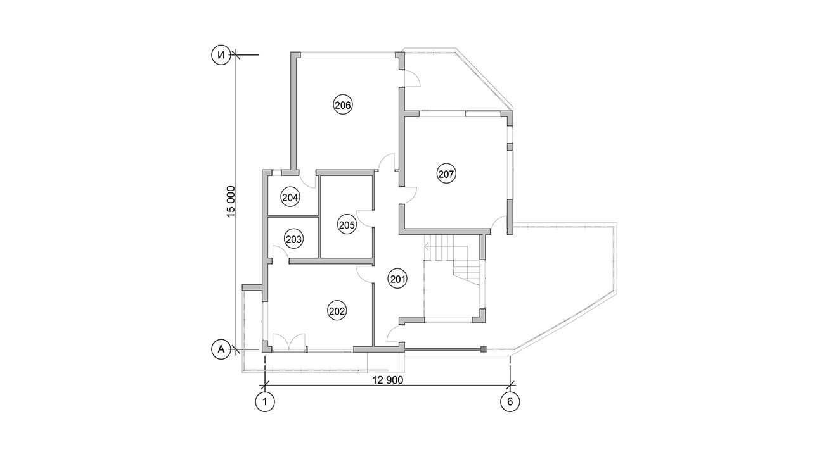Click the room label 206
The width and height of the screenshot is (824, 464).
tap(343, 105)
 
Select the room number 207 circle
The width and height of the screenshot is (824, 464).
tap(446, 173)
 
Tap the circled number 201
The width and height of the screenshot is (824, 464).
tap(397, 279)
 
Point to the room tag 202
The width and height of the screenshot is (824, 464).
tap(337, 311)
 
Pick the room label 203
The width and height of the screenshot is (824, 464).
tap(293, 239)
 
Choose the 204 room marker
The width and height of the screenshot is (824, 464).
tap(290, 198)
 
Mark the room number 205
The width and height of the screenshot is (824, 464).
tap(347, 225)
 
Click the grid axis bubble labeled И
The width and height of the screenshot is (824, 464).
tap(221, 55)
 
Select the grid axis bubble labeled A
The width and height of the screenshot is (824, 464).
tap(221, 349)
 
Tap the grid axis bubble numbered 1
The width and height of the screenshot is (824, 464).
tap(265, 401)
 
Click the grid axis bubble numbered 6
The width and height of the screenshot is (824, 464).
tap(510, 401)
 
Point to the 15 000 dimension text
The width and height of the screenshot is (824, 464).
tap(231, 202)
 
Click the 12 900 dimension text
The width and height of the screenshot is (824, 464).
tap(388, 380)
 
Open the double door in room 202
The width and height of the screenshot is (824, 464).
tap(289, 342)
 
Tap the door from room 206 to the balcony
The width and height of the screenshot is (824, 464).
tap(413, 78)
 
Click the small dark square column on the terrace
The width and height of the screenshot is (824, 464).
tap(484, 349)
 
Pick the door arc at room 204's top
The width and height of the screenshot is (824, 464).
tap(307, 180)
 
